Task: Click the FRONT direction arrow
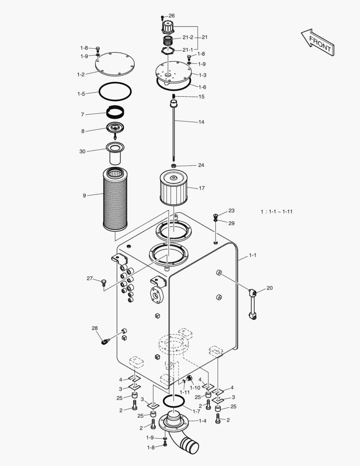tap(317, 42)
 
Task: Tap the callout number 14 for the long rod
tap(201, 122)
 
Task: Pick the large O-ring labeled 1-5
tap(115, 91)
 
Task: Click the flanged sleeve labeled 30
tap(115, 152)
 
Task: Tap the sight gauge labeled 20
tap(253, 304)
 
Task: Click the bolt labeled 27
tap(103, 282)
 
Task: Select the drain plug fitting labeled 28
tap(104, 342)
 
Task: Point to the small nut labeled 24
tap(173, 166)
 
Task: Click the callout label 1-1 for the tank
tap(253, 255)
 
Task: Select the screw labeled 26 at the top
tap(162, 17)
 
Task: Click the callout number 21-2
tap(187, 38)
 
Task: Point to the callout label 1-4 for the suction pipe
tap(202, 421)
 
